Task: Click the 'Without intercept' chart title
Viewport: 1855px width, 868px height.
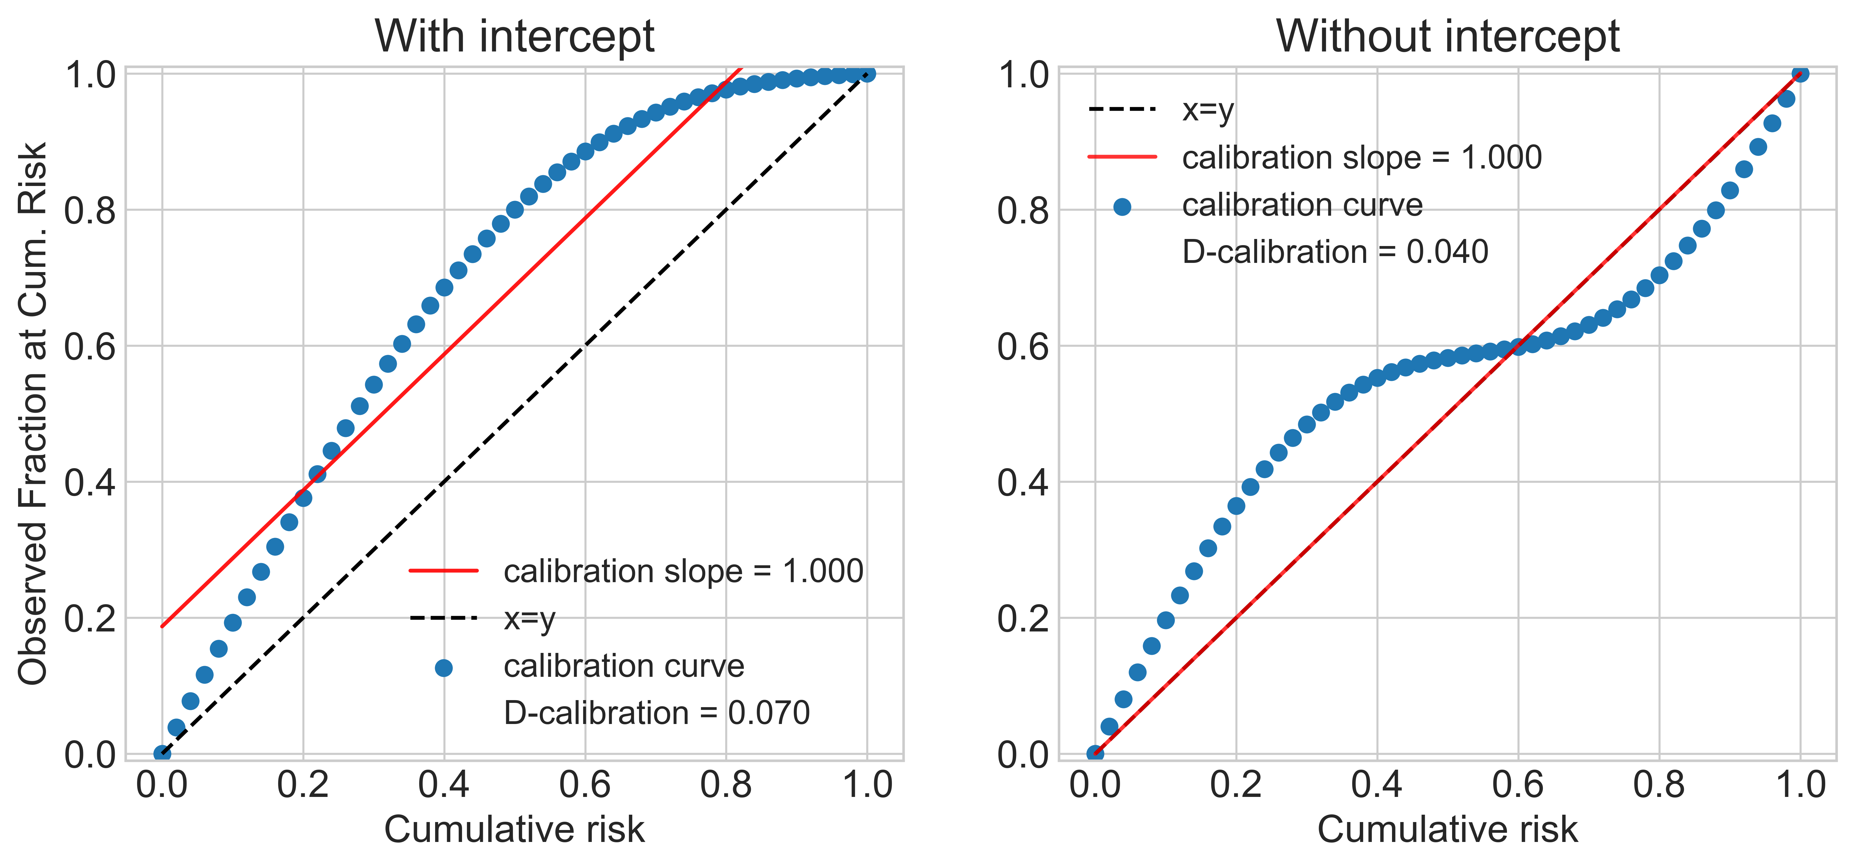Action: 1448,36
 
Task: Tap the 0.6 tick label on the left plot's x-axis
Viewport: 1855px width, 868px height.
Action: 585,785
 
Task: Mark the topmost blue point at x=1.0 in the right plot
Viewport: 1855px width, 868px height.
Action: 1800,74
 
